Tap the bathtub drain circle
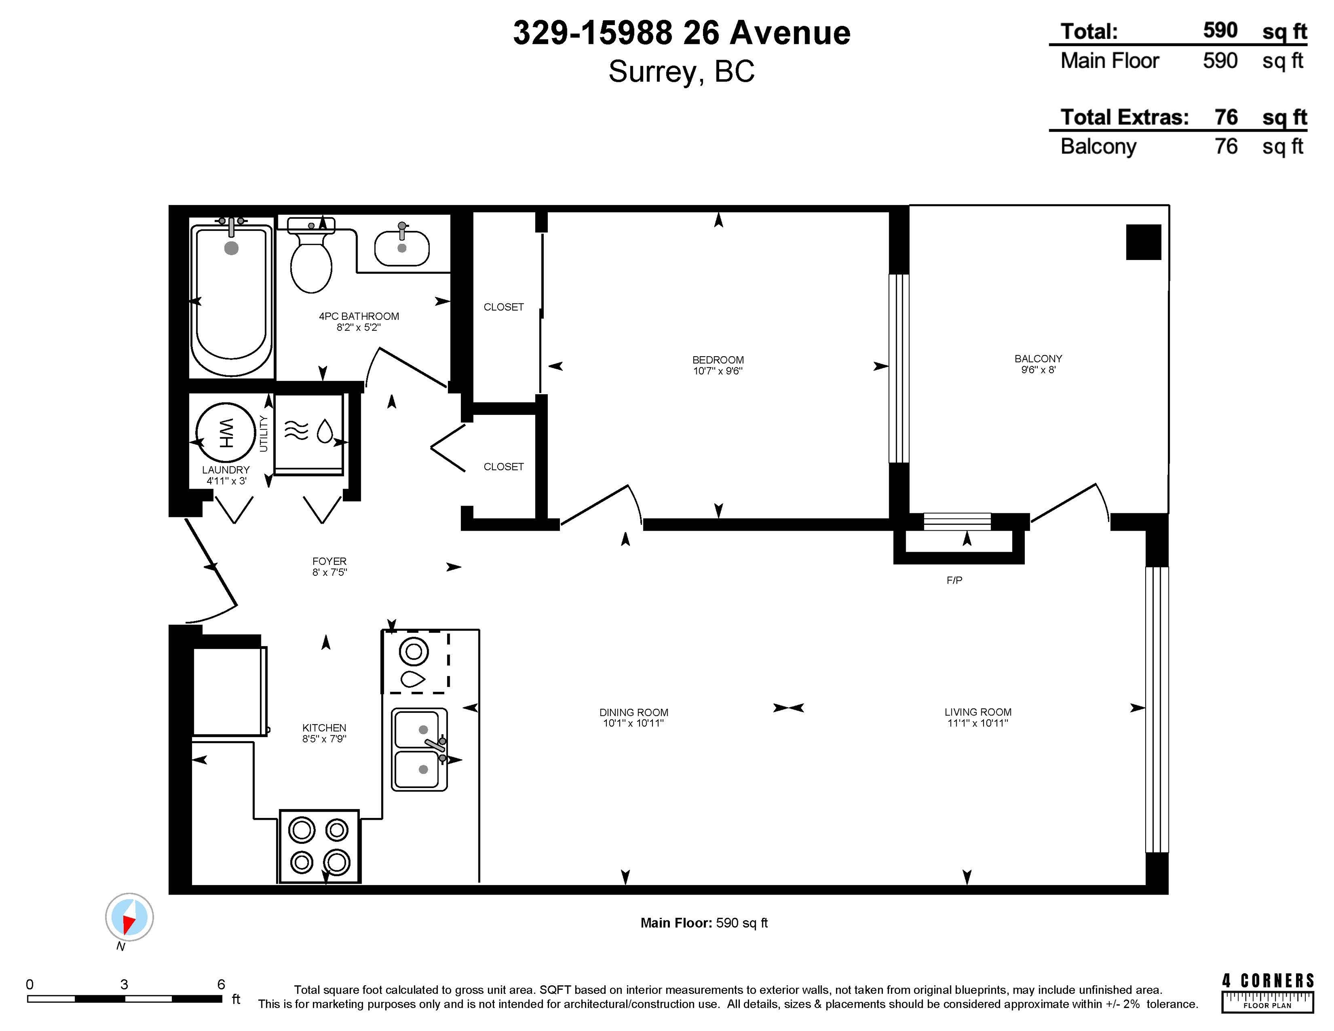pos(231,248)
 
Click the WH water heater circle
pos(226,433)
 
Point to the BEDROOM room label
pos(718,360)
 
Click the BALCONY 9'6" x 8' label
pos(1038,364)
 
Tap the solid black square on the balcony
pos(1143,242)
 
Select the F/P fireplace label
pos(954,580)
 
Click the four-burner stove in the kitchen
pos(320,846)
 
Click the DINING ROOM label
pos(633,712)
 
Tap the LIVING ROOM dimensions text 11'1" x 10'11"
pos(977,723)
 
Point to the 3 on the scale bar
pos(124,984)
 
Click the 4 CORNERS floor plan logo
pos(1267,993)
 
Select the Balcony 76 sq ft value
pos(1226,147)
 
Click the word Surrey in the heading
pos(652,72)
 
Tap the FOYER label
pos(329,561)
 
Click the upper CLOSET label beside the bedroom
pos(503,307)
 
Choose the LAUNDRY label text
pos(226,470)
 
